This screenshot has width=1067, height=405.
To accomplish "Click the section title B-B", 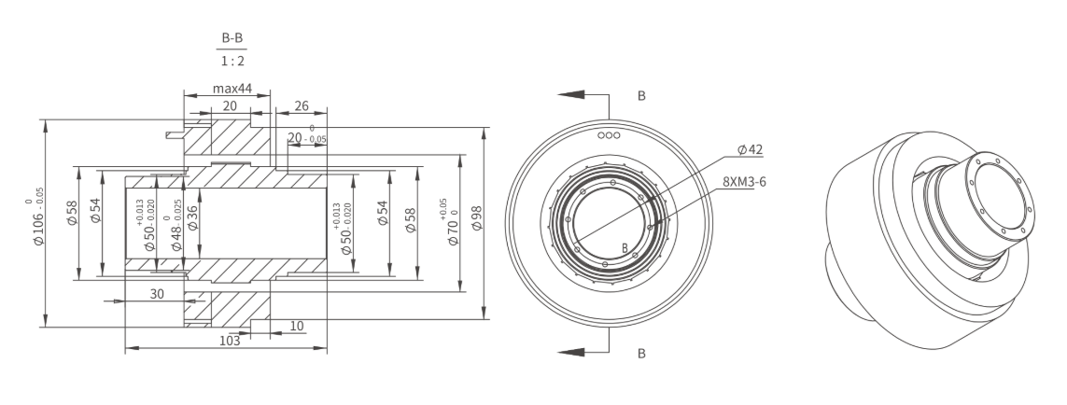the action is pyautogui.click(x=232, y=38).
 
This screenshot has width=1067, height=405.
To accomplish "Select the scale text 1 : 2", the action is pyautogui.click(x=232, y=61).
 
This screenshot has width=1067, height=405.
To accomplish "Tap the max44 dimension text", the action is pyautogui.click(x=232, y=89).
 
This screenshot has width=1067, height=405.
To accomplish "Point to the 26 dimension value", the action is pyautogui.click(x=301, y=105).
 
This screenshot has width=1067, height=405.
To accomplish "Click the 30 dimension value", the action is pyautogui.click(x=157, y=294).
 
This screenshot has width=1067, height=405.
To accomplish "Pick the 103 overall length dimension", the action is pyautogui.click(x=230, y=341).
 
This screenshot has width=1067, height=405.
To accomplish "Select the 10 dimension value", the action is pyautogui.click(x=297, y=326).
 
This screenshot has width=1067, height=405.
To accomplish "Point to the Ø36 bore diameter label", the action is pyautogui.click(x=192, y=217).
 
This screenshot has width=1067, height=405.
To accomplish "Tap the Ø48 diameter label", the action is pyautogui.click(x=176, y=226).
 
